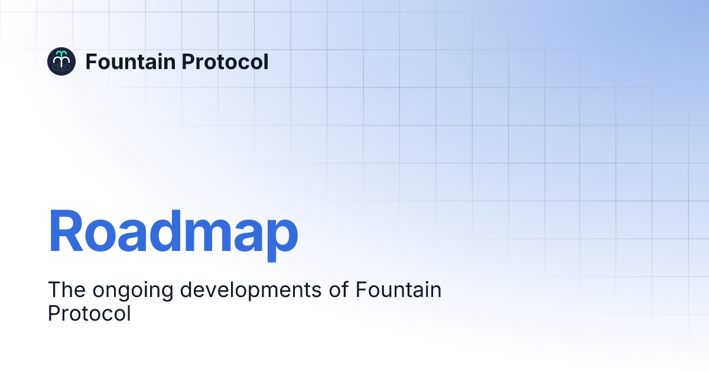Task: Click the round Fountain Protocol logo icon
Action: click(61, 61)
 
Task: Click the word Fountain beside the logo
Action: click(122, 61)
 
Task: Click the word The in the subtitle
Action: click(63, 291)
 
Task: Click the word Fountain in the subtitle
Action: click(399, 291)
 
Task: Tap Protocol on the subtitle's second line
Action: click(89, 314)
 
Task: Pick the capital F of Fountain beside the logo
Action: click(91, 61)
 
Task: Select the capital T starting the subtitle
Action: click(53, 291)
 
